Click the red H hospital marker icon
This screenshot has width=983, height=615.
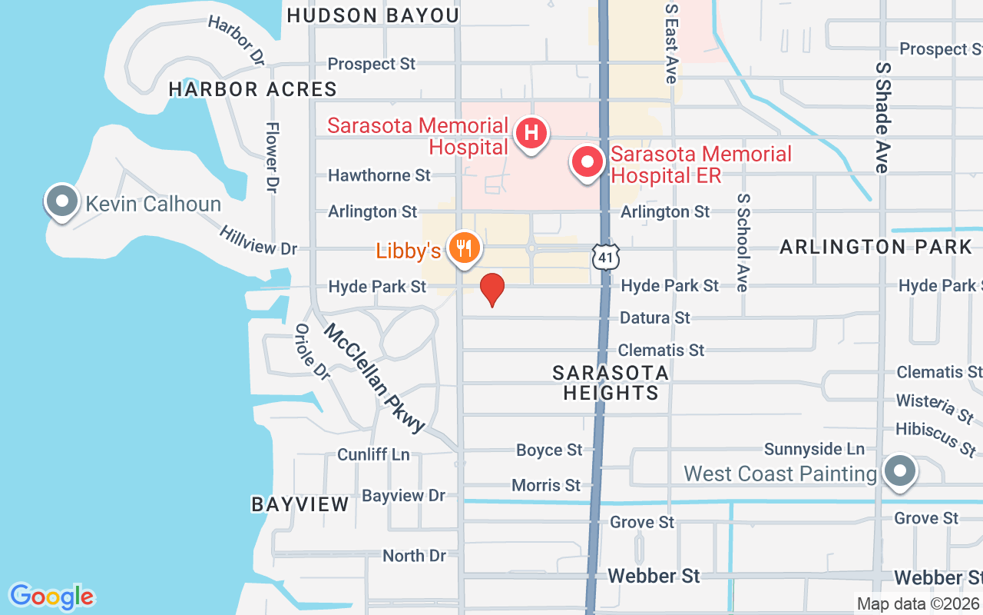[x=531, y=133]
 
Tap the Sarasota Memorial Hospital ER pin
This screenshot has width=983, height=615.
[x=587, y=162]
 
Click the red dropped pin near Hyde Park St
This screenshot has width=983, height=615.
[x=492, y=289]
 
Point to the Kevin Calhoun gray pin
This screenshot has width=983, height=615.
[x=62, y=201]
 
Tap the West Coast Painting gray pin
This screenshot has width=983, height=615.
[x=898, y=470]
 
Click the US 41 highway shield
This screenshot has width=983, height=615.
[x=606, y=258]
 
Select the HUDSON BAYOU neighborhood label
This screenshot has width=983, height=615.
[x=372, y=15]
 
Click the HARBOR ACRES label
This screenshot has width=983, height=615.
[x=253, y=89]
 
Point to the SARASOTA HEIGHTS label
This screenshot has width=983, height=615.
[x=611, y=383]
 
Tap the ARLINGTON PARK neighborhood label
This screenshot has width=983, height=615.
[x=876, y=247]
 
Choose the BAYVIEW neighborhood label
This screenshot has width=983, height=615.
[x=300, y=504]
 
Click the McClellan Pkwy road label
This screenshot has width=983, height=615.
[x=374, y=378]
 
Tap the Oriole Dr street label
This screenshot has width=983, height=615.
[x=312, y=351]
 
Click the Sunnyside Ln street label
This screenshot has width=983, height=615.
[x=814, y=449]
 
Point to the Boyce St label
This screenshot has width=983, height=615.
[x=549, y=450]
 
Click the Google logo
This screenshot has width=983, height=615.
[x=51, y=596]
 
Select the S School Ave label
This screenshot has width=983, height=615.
[x=743, y=242]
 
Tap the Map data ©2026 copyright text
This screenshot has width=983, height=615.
[x=918, y=604]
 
